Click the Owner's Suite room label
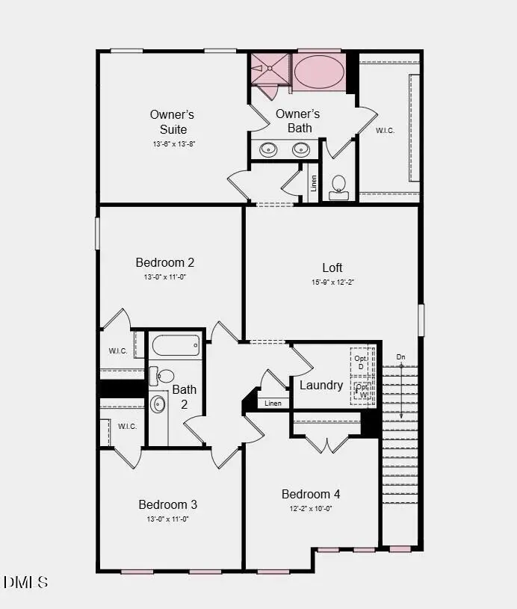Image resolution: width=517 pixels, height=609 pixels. [x=172, y=122]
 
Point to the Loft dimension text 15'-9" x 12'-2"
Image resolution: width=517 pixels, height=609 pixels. [x=332, y=282]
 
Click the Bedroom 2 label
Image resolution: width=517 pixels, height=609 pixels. [x=165, y=262]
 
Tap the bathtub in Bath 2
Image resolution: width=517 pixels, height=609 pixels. [x=176, y=345]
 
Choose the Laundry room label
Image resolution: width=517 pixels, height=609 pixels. [x=321, y=385]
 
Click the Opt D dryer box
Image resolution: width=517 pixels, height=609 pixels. [x=362, y=362]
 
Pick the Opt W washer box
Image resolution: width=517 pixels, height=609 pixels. [x=362, y=391]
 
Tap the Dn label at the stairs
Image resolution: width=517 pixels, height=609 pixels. [x=401, y=357]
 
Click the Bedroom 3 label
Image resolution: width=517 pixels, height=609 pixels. [x=167, y=504]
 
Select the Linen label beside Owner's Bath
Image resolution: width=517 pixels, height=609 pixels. [x=314, y=183]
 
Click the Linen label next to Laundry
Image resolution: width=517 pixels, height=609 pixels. [x=273, y=404]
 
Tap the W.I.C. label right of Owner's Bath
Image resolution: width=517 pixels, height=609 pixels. [x=385, y=130]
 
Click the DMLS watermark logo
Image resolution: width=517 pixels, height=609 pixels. [x=25, y=581]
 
